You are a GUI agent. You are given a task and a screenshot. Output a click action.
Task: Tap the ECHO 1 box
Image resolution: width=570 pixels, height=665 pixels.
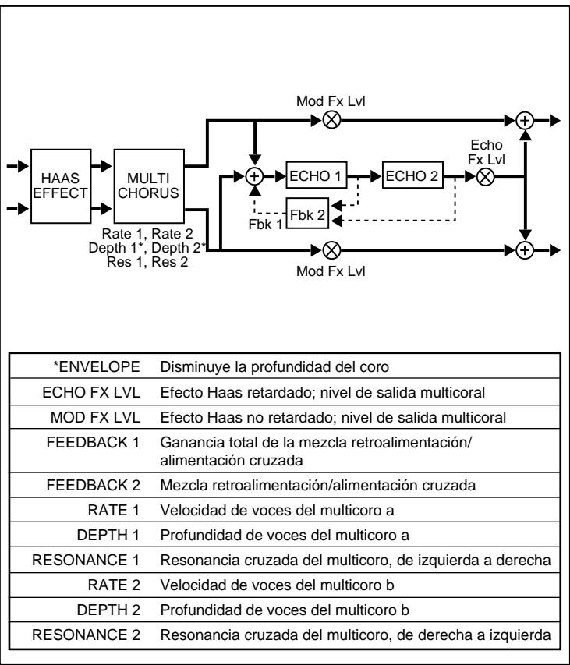[315, 176]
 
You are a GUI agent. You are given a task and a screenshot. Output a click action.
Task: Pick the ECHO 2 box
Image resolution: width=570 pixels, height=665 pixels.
[411, 176]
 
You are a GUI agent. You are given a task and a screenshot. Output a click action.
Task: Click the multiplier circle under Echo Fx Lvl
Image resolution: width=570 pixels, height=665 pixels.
[485, 177]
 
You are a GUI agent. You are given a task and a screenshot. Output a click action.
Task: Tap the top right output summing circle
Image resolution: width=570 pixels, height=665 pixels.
[526, 121]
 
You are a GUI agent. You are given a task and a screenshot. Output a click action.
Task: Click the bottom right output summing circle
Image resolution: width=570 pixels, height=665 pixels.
[526, 250]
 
